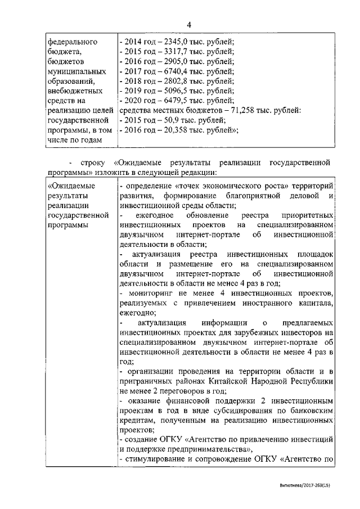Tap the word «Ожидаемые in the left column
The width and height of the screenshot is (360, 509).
(x=71, y=185)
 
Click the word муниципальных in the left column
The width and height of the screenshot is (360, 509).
(x=75, y=71)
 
